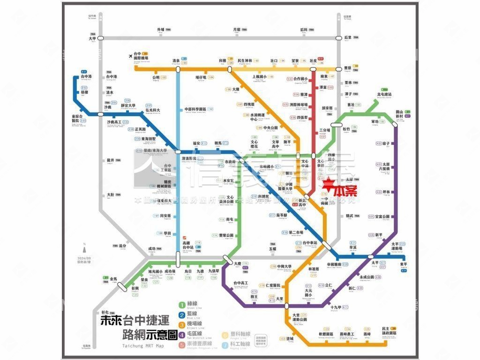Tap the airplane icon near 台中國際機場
[x=131, y=57]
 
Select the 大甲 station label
[x=92, y=39]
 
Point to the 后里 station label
[x=347, y=37]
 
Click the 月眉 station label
[x=236, y=30]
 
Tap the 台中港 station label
[x=87, y=76]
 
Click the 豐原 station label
[x=347, y=67]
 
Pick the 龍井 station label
[x=111, y=160]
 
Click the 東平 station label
[x=404, y=264]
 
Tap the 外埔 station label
[x=160, y=30]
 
